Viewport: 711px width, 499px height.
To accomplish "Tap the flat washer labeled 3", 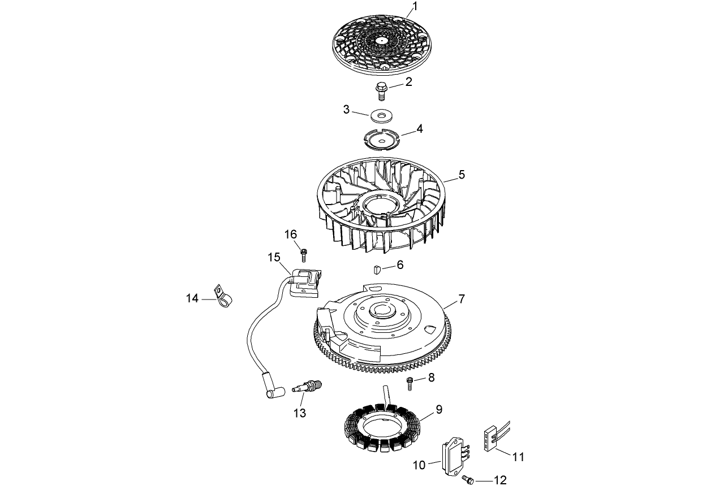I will point(382,116).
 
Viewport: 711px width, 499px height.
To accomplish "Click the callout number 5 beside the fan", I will point(462,175).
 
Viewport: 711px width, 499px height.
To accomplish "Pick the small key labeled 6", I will point(377,267).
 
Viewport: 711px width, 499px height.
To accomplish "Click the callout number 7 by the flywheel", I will point(462,298).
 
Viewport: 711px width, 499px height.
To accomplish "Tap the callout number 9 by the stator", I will point(438,409).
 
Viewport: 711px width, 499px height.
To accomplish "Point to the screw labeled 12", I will point(467,480).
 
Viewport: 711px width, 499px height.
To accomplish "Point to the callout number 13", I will point(299,413).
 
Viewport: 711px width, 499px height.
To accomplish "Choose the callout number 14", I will point(193,298).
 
